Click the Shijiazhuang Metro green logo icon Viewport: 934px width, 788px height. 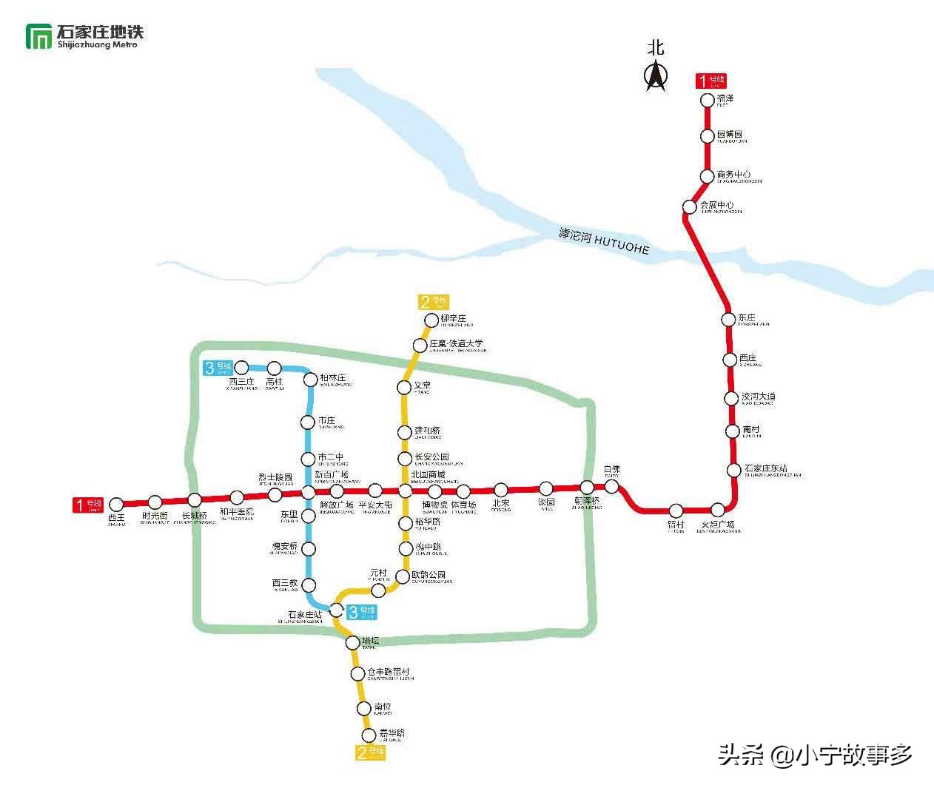[38, 36]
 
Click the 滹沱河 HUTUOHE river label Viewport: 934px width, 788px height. [604, 241]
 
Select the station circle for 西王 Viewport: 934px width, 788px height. [116, 505]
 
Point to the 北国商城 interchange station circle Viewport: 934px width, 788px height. [405, 491]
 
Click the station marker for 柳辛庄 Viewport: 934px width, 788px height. [431, 320]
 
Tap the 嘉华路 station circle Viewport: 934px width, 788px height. [369, 735]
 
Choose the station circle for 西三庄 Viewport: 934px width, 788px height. [241, 367]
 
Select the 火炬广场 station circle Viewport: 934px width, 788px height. [718, 510]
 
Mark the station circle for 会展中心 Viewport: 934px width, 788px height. [690, 206]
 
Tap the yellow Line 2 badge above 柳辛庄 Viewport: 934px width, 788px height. [434, 301]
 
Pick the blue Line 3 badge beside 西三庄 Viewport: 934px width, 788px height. [218, 367]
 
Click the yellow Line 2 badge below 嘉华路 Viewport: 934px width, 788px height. [371, 752]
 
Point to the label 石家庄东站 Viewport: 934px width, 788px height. [766, 468]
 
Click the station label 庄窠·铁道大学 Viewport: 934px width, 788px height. [457, 344]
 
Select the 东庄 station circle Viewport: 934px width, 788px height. [728, 319]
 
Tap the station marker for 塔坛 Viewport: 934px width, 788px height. [353, 642]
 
